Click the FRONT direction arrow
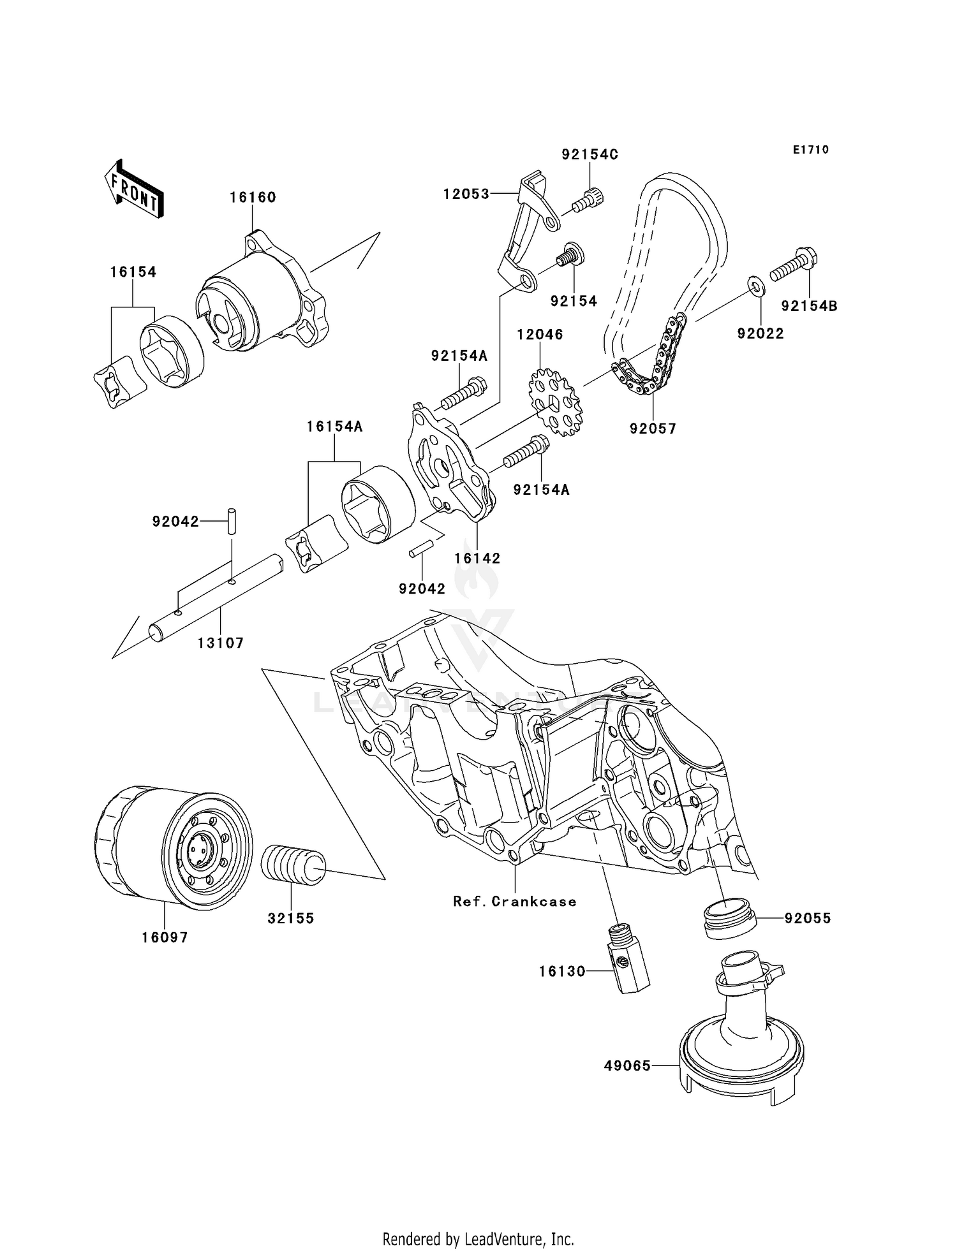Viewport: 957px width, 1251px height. tap(135, 189)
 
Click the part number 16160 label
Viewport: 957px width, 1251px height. tap(253, 198)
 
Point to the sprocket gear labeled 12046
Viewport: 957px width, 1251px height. tap(554, 403)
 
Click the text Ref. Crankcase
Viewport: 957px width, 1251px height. tap(514, 902)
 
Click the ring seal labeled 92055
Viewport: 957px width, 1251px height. tap(729, 919)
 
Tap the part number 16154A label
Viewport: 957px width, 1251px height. tap(334, 427)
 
